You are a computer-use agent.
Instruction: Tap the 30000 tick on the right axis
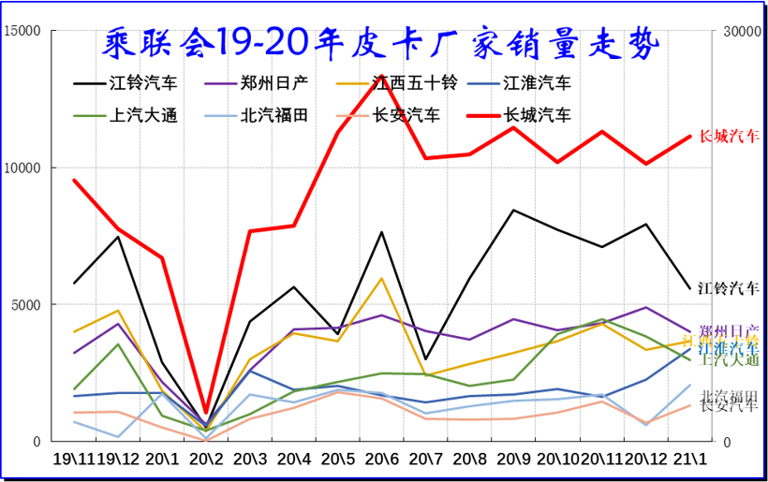pyautogui.click(x=735, y=31)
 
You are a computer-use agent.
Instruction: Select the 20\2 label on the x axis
pyautogui.click(x=206, y=460)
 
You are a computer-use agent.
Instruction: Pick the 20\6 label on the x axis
pyautogui.click(x=382, y=460)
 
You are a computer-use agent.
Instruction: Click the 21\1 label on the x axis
pyautogui.click(x=690, y=460)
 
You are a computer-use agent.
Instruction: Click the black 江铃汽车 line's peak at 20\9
pyautogui.click(x=513, y=210)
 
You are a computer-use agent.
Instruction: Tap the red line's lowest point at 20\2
pyautogui.click(x=206, y=413)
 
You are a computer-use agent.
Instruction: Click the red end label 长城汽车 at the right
pyautogui.click(x=730, y=137)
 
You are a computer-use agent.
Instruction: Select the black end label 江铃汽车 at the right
pyautogui.click(x=730, y=286)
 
